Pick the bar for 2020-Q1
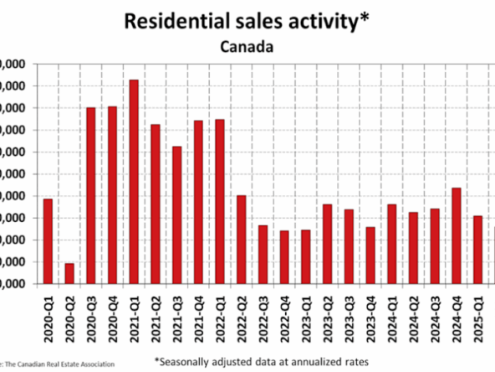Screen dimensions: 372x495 click(x=48, y=241)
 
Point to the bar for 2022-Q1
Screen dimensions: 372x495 click(x=219, y=202)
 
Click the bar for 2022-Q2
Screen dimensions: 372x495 click(x=241, y=240)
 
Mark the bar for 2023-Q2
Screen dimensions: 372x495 click(x=327, y=244)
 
